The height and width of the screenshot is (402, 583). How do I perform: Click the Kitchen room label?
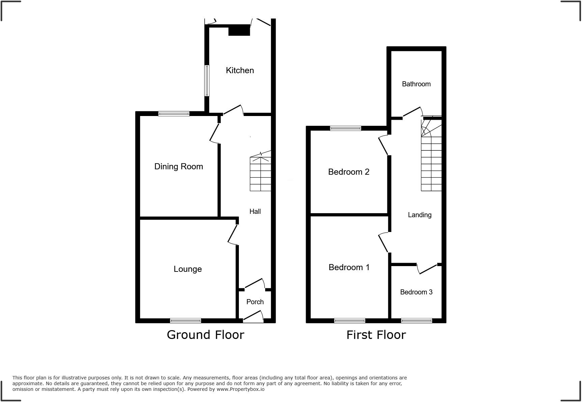[240, 70]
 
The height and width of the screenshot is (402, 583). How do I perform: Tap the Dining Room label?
[178, 166]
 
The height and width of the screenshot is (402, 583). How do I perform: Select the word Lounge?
[188, 269]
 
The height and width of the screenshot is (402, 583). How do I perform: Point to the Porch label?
[255, 302]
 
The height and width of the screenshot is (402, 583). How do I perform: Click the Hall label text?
[255, 211]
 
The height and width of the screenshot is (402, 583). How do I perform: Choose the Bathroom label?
[416, 84]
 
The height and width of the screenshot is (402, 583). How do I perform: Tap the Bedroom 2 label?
[349, 172]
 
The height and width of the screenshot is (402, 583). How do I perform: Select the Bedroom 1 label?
[349, 267]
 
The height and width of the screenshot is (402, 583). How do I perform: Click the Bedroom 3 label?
[416, 292]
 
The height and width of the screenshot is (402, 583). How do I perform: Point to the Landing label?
[419, 215]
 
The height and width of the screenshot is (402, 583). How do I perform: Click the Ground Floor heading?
[205, 335]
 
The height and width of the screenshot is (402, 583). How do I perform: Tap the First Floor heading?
[376, 335]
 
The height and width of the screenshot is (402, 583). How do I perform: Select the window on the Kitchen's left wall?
[207, 81]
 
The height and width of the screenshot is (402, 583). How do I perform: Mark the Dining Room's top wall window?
[174, 114]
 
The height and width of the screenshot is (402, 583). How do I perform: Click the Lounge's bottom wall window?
[185, 320]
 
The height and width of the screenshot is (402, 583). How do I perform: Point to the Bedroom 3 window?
[416, 320]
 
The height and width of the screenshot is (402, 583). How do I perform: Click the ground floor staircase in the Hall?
[260, 174]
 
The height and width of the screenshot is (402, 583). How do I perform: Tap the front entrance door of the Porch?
[253, 317]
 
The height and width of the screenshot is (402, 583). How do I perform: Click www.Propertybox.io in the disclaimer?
[240, 389]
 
